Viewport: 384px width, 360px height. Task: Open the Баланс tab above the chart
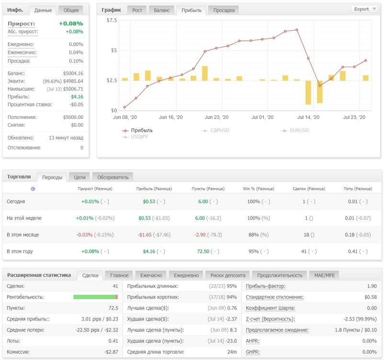(x=162, y=10)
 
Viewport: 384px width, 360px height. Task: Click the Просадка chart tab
(x=224, y=10)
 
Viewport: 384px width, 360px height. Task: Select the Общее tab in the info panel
(x=71, y=10)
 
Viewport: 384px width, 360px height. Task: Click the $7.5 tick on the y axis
(x=112, y=20)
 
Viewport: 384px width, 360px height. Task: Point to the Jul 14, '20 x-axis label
(x=308, y=117)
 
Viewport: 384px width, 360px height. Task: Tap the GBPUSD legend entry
(x=215, y=131)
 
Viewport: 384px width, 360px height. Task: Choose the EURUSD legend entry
(x=295, y=131)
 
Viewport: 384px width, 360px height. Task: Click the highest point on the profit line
(x=297, y=30)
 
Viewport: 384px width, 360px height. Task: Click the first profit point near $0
(x=125, y=107)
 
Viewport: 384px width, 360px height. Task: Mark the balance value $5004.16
(x=73, y=73)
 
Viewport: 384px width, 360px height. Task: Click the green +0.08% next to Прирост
(x=71, y=24)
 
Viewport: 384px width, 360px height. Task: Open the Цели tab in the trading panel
(x=80, y=177)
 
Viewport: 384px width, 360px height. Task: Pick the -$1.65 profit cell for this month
(x=144, y=235)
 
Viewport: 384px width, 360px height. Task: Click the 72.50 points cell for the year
(x=203, y=252)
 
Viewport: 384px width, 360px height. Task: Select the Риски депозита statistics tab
(x=228, y=276)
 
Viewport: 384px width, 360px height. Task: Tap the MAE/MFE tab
(x=324, y=276)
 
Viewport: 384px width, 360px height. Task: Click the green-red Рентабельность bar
(x=95, y=297)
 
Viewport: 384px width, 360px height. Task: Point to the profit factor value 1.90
(x=372, y=286)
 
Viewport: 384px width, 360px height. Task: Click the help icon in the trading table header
(x=33, y=189)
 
